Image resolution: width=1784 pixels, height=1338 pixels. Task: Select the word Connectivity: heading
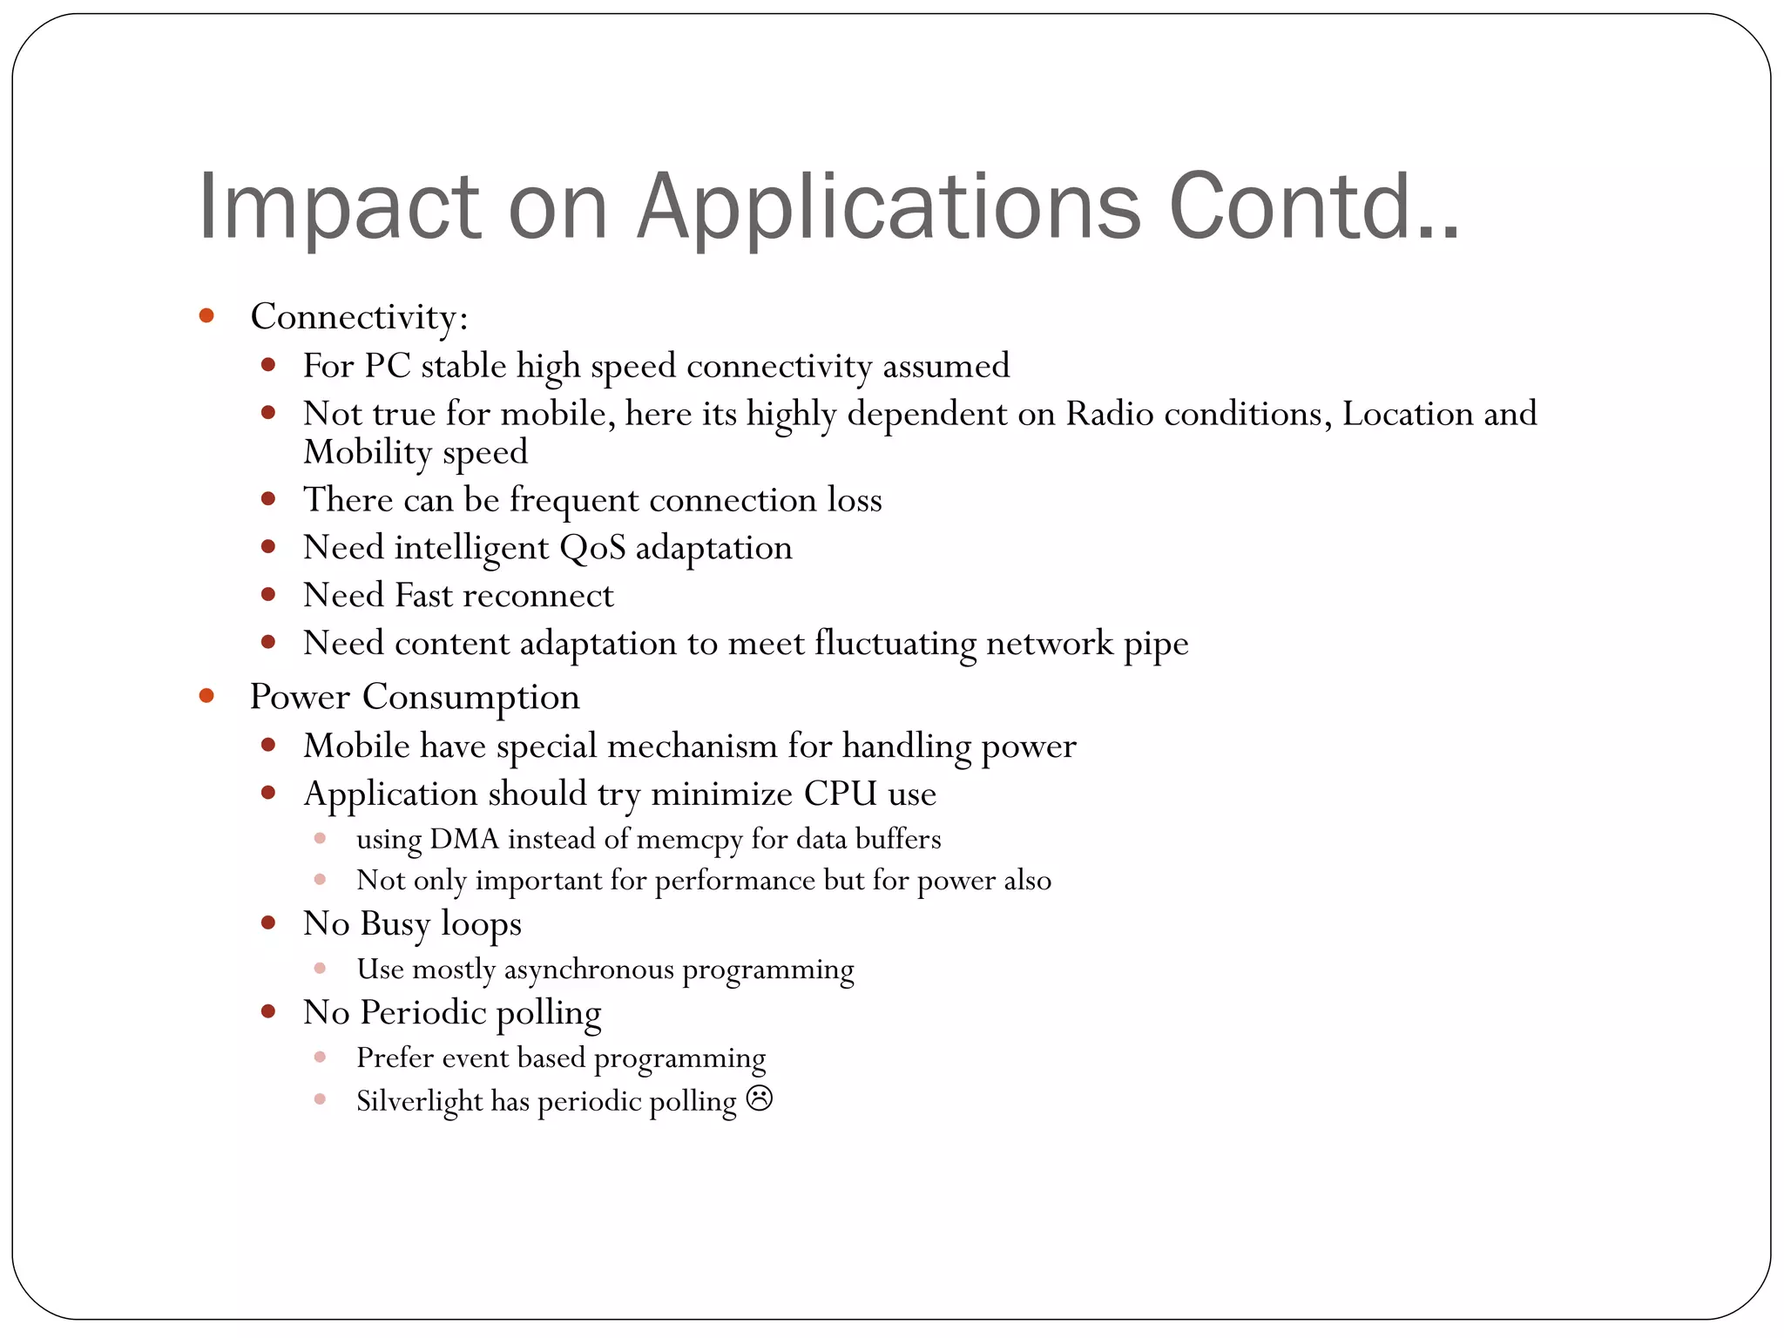(359, 317)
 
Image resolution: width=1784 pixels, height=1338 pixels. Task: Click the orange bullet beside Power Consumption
(206, 695)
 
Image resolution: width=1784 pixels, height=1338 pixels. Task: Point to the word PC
(388, 366)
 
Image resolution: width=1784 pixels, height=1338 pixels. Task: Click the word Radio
(1110, 414)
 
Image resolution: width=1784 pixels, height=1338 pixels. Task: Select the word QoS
(592, 548)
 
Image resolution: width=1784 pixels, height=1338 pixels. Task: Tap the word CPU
(841, 794)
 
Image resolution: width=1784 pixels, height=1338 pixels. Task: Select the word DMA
(464, 839)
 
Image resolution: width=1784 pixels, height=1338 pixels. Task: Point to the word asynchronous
(589, 970)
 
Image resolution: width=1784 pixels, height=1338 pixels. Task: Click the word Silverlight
(419, 1101)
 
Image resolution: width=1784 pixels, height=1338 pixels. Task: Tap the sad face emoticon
(760, 1098)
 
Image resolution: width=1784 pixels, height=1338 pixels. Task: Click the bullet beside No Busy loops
(268, 922)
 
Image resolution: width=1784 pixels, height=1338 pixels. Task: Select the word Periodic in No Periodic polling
(423, 1012)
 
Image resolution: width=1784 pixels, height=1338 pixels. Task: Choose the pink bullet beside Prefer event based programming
(320, 1057)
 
